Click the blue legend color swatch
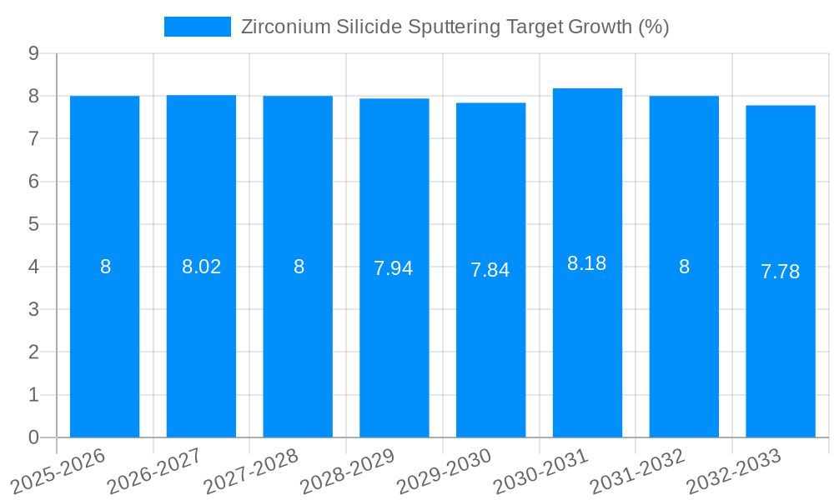198,27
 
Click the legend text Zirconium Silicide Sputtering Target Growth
455,27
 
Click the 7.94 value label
394,268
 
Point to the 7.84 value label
490,270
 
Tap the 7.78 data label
781,272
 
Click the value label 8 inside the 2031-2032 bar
684,267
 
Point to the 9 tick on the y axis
33,53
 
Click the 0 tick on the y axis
33,437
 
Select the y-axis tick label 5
33,224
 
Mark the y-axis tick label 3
33,309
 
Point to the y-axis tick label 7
33,138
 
